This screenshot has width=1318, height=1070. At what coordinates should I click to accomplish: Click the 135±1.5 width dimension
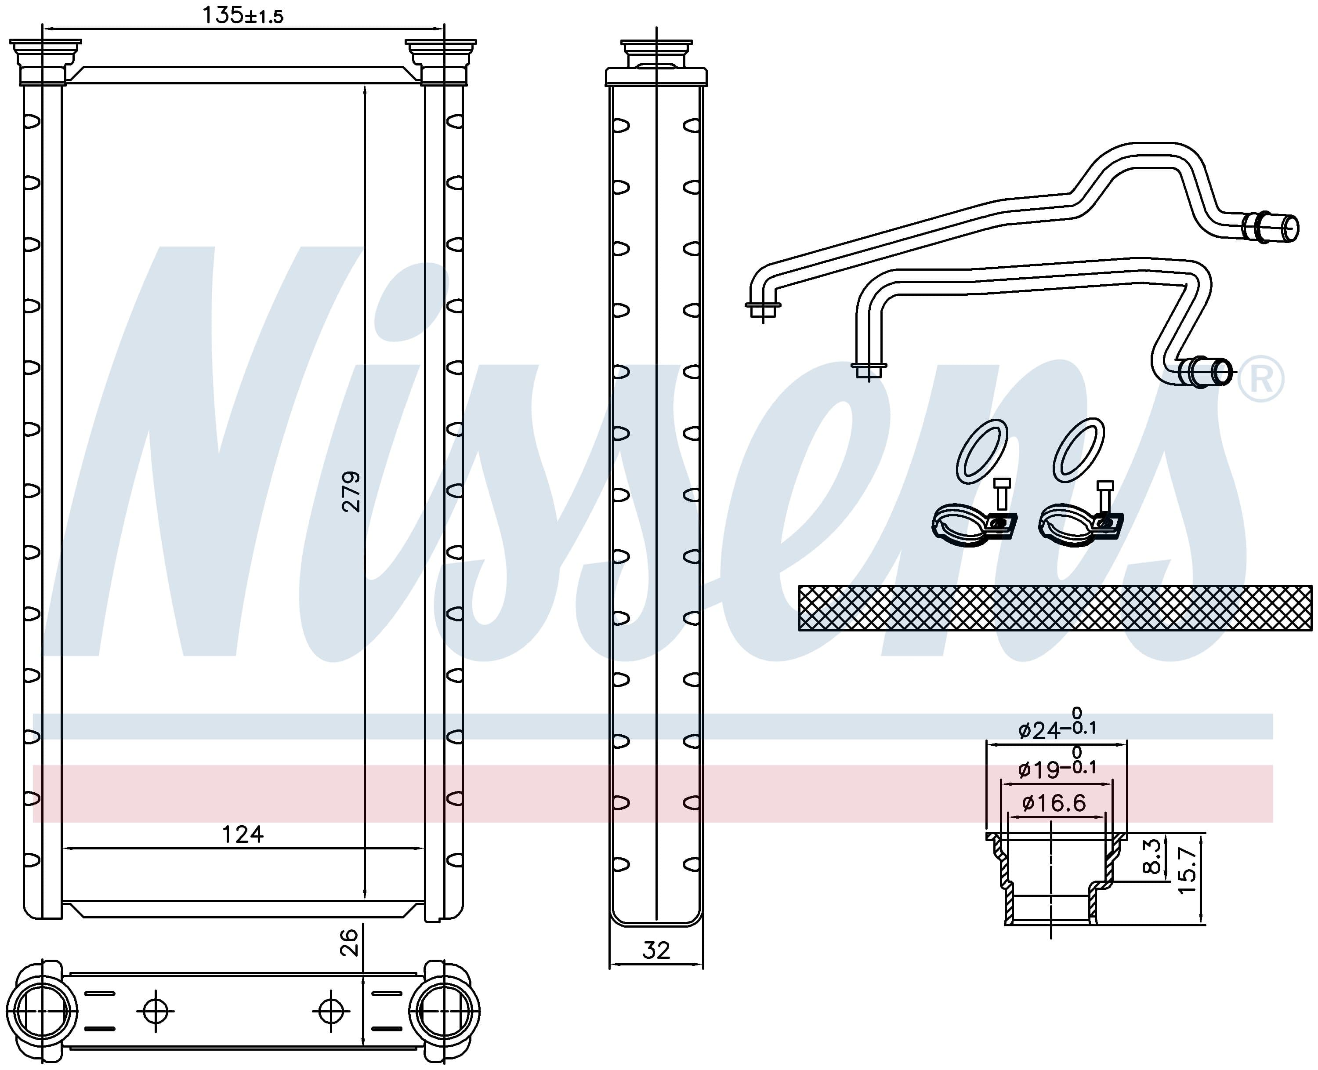click(243, 15)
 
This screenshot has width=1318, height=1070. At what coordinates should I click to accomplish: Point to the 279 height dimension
click(351, 492)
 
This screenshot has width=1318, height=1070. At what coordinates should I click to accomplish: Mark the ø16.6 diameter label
click(1054, 802)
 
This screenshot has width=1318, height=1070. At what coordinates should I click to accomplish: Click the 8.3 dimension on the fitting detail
click(1151, 856)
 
